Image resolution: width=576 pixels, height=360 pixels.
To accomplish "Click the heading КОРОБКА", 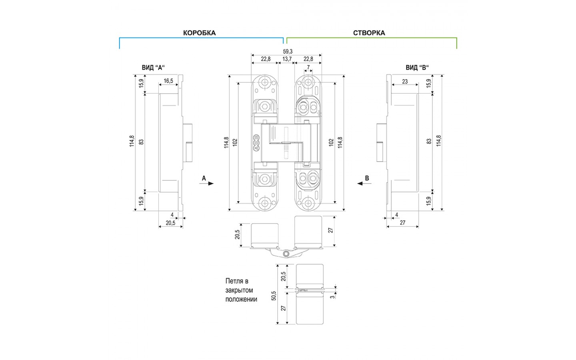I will [x=199, y=33].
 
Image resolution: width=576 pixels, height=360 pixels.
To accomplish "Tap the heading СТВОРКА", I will [x=369, y=33].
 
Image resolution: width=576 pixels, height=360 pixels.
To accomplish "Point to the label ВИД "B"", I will [x=417, y=68].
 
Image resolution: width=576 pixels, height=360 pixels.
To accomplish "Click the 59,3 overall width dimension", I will [x=288, y=51].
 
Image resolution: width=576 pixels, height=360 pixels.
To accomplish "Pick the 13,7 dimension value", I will [x=287, y=59].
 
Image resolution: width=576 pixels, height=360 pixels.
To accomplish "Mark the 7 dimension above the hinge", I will [x=308, y=67].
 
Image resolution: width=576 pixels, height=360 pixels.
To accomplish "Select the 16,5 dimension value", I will [x=168, y=81].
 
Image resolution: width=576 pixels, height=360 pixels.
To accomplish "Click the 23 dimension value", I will [x=405, y=82].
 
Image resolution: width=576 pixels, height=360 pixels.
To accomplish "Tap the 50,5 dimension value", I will [x=274, y=296].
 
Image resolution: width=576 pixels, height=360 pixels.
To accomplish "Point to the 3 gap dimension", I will [x=332, y=296].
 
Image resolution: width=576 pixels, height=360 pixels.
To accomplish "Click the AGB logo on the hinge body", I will [x=256, y=143].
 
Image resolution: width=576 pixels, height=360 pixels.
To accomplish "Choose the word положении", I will [x=241, y=299].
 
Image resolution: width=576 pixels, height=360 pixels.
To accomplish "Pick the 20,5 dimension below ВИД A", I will [x=170, y=223].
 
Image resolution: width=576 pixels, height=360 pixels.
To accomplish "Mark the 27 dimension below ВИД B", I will [x=402, y=223].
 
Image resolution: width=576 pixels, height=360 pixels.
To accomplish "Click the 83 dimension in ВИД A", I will [x=141, y=142].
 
